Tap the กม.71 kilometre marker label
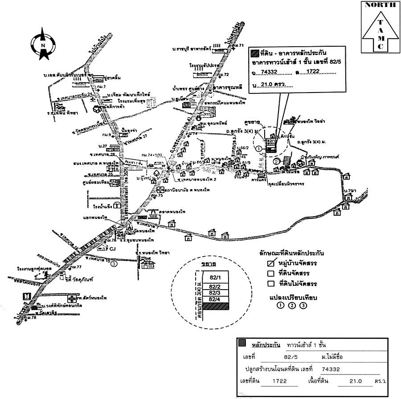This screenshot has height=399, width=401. tap(241, 46)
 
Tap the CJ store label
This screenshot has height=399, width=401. tap(112, 249)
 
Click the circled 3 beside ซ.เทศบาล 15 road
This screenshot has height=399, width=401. tap(115, 264)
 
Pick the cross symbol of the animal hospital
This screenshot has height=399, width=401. tap(73, 298)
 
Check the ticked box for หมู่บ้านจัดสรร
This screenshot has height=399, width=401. tap(270, 263)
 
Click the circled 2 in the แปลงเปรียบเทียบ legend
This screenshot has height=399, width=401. tap(292, 306)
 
